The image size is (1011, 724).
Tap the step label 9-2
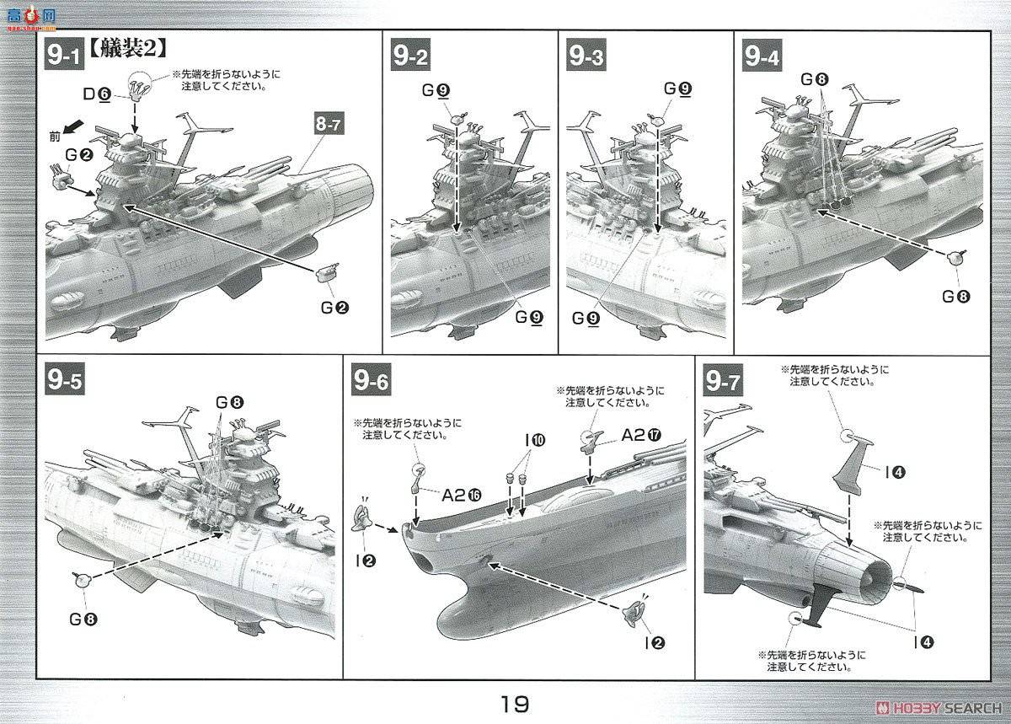click(410, 58)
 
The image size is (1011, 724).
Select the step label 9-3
click(586, 58)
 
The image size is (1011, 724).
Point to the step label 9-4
click(762, 58)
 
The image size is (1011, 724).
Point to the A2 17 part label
click(641, 435)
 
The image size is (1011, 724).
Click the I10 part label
click(534, 439)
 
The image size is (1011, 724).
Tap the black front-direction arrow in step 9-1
click(73, 126)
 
